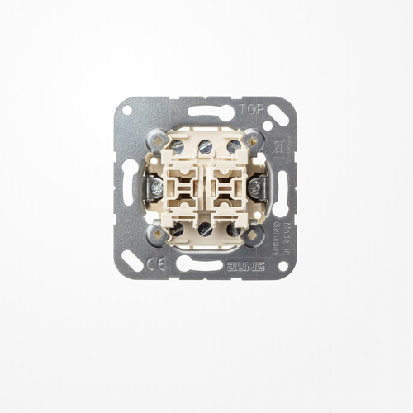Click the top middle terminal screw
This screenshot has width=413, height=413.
tap(204, 145)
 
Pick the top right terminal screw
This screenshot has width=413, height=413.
tap(233, 146)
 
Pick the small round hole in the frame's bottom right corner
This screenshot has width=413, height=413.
tap(282, 266)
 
